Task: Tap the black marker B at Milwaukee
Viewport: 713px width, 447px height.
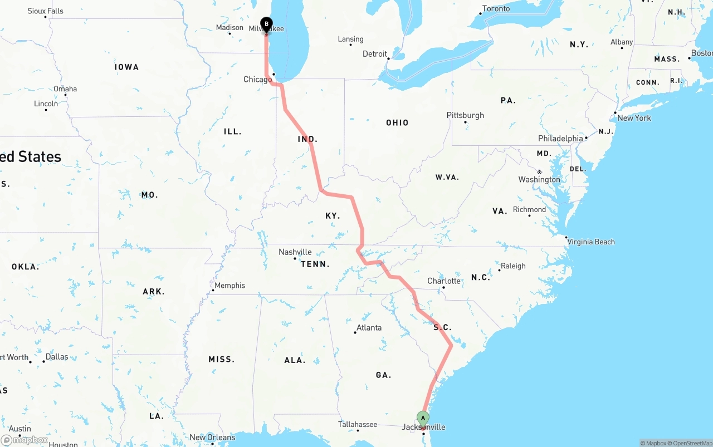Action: tap(266, 24)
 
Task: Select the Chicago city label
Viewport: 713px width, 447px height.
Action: tap(257, 80)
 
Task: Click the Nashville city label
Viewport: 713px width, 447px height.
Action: tap(295, 252)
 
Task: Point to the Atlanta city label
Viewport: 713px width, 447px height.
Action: tap(369, 327)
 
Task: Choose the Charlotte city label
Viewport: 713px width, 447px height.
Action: tap(444, 281)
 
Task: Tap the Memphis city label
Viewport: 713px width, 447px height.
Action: tap(229, 286)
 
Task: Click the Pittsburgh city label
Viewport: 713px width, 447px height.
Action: tap(465, 115)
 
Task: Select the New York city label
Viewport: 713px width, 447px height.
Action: tap(634, 118)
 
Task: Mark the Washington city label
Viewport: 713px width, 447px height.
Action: tap(539, 179)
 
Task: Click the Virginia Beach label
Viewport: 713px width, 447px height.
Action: tap(592, 242)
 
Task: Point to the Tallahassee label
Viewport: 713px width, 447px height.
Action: tap(358, 424)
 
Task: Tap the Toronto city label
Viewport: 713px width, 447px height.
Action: tap(496, 8)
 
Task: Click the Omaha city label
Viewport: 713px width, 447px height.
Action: tap(65, 89)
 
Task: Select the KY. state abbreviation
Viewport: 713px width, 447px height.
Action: tap(333, 215)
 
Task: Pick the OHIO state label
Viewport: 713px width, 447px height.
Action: tap(397, 122)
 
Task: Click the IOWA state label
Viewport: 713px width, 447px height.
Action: tap(126, 67)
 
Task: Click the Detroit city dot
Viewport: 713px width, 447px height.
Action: tap(389, 57)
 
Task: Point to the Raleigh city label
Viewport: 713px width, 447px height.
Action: tap(513, 266)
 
